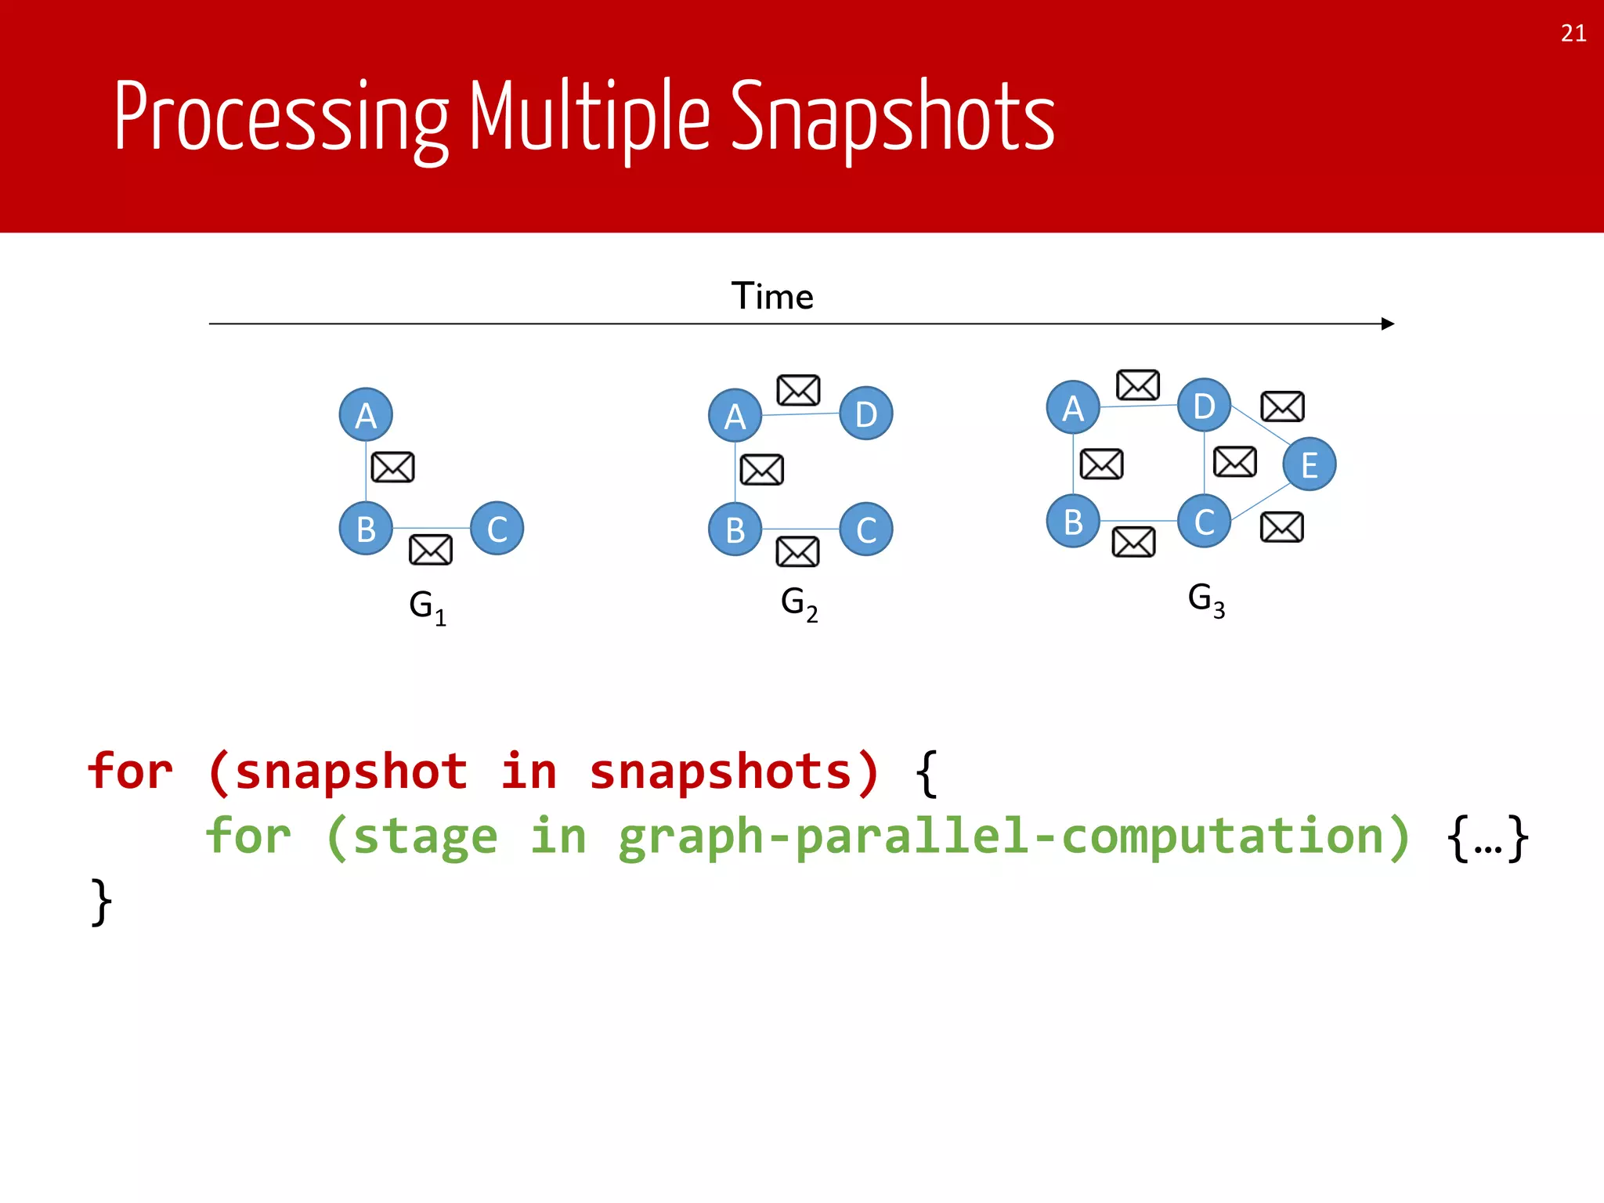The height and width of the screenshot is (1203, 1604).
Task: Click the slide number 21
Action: pyautogui.click(x=1573, y=33)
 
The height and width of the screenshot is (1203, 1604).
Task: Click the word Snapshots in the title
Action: pyautogui.click(x=892, y=117)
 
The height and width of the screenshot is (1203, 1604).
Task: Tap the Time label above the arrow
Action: pyautogui.click(x=772, y=296)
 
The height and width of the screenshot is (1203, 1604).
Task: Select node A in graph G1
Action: pyautogui.click(x=366, y=414)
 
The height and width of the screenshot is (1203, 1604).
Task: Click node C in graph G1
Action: pyautogui.click(x=497, y=529)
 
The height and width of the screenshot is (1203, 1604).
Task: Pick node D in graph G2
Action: pyautogui.click(x=865, y=414)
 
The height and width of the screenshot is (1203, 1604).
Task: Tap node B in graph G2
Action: pyautogui.click(x=735, y=529)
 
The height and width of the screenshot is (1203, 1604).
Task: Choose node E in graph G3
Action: pyautogui.click(x=1309, y=464)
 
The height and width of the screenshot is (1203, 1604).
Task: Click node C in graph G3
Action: pyautogui.click(x=1204, y=521)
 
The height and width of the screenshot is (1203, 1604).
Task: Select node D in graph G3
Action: pyautogui.click(x=1204, y=406)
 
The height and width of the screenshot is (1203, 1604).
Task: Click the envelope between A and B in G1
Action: pyautogui.click(x=392, y=468)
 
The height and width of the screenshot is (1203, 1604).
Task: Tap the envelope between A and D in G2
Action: pyautogui.click(x=798, y=390)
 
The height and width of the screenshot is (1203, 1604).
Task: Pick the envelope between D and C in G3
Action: pyautogui.click(x=1234, y=461)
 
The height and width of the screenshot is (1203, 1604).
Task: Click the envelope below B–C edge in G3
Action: pyautogui.click(x=1133, y=542)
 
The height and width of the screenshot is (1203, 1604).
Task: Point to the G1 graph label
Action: pyautogui.click(x=428, y=606)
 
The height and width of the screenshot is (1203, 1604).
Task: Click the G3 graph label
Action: pyautogui.click(x=1206, y=600)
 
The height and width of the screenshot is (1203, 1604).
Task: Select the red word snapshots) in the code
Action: pyautogui.click(x=734, y=771)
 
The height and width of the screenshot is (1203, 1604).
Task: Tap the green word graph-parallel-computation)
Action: pyautogui.click(x=1014, y=836)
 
